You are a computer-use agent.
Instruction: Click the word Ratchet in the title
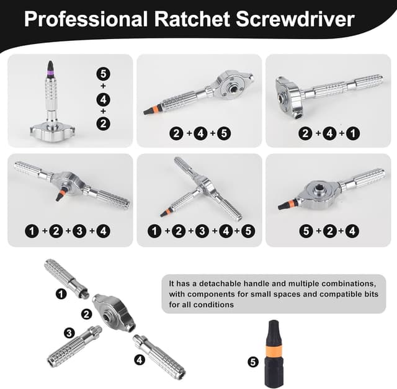pyautogui.click(x=192, y=19)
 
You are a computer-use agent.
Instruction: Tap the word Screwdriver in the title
pyautogui.click(x=295, y=19)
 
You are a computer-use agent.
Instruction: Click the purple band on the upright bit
pyautogui.click(x=51, y=73)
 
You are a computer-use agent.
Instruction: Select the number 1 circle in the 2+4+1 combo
pyautogui.click(x=353, y=133)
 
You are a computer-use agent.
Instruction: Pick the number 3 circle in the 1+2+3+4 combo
pyautogui.click(x=79, y=231)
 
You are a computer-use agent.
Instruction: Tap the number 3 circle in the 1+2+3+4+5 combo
pyautogui.click(x=202, y=231)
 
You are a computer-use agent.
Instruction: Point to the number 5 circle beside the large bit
pyautogui.click(x=253, y=362)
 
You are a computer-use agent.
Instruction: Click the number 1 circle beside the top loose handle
pyautogui.click(x=61, y=294)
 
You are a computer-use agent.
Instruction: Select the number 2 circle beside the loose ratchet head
pyautogui.click(x=87, y=315)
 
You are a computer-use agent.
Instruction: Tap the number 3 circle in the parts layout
pyautogui.click(x=69, y=333)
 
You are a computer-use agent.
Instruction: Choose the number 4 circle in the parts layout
pyautogui.click(x=140, y=359)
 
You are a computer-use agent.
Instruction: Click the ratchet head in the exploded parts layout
pyautogui.click(x=114, y=313)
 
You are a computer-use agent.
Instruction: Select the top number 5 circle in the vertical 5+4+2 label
pyautogui.click(x=104, y=74)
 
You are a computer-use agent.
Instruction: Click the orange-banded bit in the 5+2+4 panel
pyautogui.click(x=288, y=204)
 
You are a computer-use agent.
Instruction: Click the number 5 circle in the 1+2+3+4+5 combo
pyautogui.click(x=248, y=231)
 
